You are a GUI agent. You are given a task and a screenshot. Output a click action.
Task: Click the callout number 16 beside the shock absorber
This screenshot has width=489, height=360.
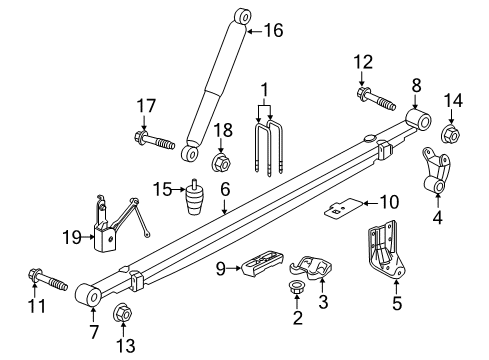[x=271, y=32]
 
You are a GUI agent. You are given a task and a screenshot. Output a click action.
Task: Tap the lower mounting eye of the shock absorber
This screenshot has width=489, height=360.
[x=190, y=153]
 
